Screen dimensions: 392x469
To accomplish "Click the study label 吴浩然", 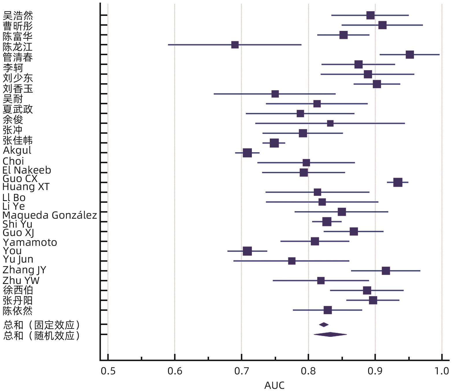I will click(18, 15).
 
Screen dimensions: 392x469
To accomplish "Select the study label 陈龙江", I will click(18, 47).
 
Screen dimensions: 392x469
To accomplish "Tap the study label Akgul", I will click(17, 150).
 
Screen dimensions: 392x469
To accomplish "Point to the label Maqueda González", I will click(50, 215).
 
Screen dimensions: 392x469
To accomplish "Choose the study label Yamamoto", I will click(30, 242).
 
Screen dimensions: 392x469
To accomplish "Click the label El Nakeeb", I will click(27, 170).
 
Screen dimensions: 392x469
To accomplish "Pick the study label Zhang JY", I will click(24, 270).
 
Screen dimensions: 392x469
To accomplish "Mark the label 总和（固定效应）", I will click(41, 325).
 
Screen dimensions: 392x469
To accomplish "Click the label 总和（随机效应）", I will click(41, 335).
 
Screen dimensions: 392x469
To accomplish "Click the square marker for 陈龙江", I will click(235, 45).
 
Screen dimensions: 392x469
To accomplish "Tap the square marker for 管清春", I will click(410, 55).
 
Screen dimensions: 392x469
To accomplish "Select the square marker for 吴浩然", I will click(370, 15).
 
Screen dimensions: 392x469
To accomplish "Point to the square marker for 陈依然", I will click(328, 310).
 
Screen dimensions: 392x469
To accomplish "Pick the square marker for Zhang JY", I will click(386, 271).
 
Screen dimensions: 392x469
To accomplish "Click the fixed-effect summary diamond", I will click(324, 325).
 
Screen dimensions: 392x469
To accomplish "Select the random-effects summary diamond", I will click(330, 335).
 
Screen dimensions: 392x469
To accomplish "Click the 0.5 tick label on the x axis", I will click(108, 371).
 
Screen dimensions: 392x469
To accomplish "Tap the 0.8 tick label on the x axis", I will click(308, 371).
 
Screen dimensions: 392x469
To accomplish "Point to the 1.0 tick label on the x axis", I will click(442, 371).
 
